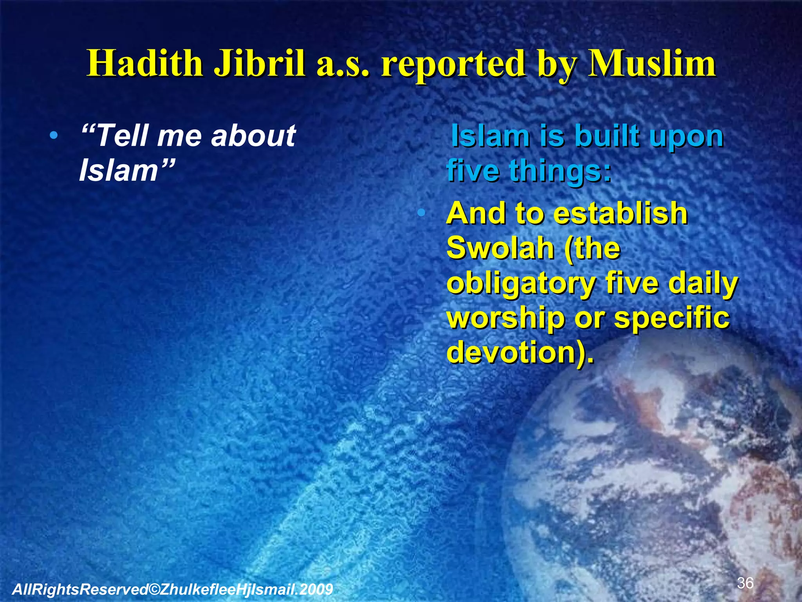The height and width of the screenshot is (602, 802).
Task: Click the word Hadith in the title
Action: click(x=145, y=64)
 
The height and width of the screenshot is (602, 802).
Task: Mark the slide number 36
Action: click(x=745, y=583)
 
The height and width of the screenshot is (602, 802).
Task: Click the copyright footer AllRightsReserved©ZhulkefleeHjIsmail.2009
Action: click(x=173, y=589)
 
